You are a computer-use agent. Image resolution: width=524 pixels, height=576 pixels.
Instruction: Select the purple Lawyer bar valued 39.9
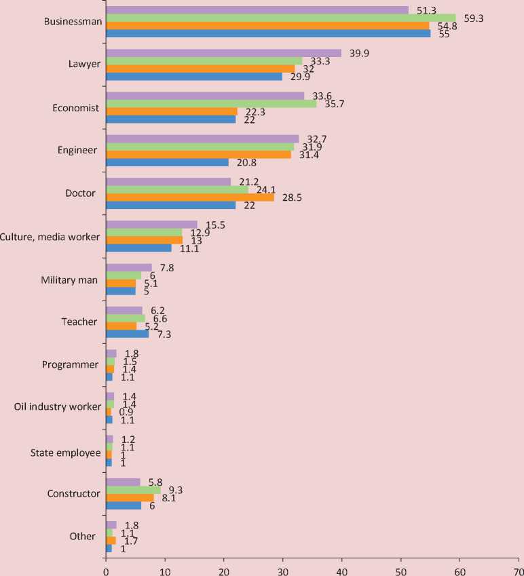coord(223,53)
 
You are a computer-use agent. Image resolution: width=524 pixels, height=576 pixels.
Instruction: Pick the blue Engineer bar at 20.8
coord(167,163)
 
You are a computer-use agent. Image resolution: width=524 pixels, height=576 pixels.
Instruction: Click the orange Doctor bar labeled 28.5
coord(190,197)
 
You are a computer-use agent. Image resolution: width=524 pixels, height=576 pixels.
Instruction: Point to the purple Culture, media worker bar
coord(151,224)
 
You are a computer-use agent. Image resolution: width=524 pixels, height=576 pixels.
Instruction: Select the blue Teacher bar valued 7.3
coord(127,334)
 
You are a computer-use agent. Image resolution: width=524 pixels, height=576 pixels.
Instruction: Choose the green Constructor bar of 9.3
coord(133,489)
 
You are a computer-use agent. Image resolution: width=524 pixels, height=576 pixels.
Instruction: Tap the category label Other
coord(83,537)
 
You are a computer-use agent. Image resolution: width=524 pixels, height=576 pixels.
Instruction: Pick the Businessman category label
coord(73,21)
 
